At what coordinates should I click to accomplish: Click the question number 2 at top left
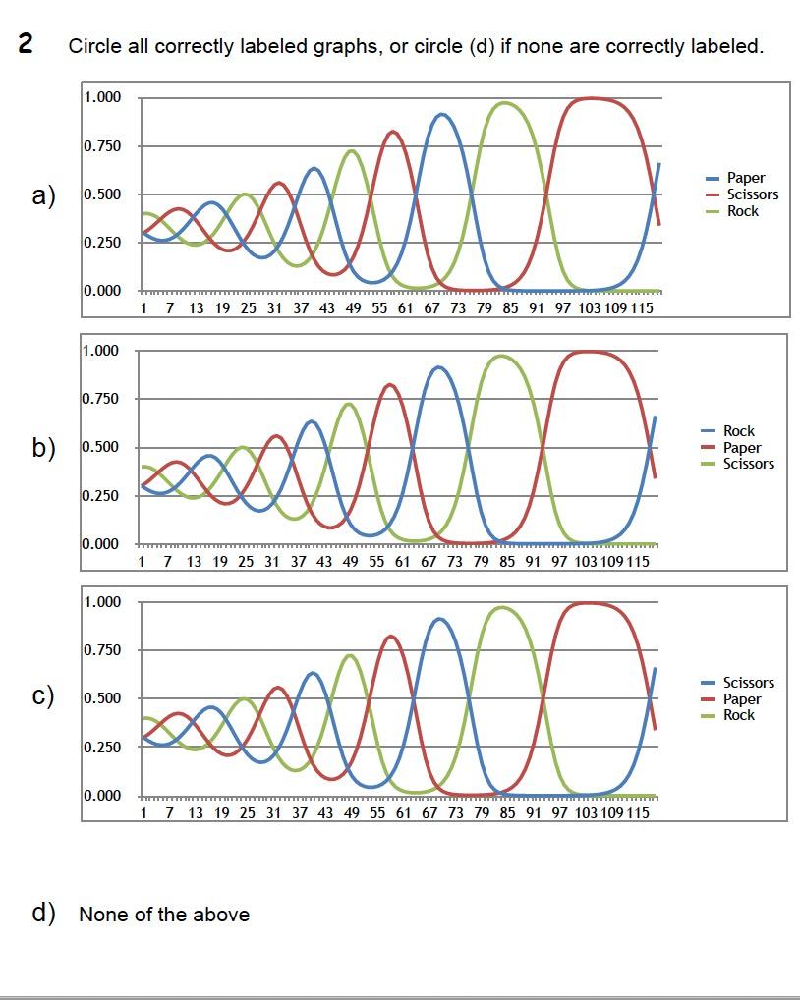click(x=27, y=44)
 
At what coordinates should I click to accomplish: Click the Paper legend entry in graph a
click(x=745, y=178)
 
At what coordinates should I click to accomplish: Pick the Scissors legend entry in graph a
click(x=752, y=194)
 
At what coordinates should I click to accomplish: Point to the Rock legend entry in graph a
click(x=742, y=211)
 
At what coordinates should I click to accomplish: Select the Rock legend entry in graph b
click(x=738, y=431)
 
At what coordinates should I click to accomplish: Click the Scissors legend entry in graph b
click(x=748, y=464)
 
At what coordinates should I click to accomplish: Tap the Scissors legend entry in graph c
click(x=748, y=683)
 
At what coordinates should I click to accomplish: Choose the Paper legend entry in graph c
click(x=741, y=699)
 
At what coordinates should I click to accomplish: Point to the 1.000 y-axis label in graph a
click(x=102, y=97)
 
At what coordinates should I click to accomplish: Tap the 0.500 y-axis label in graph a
click(x=102, y=194)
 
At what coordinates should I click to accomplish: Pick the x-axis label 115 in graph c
click(x=638, y=813)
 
